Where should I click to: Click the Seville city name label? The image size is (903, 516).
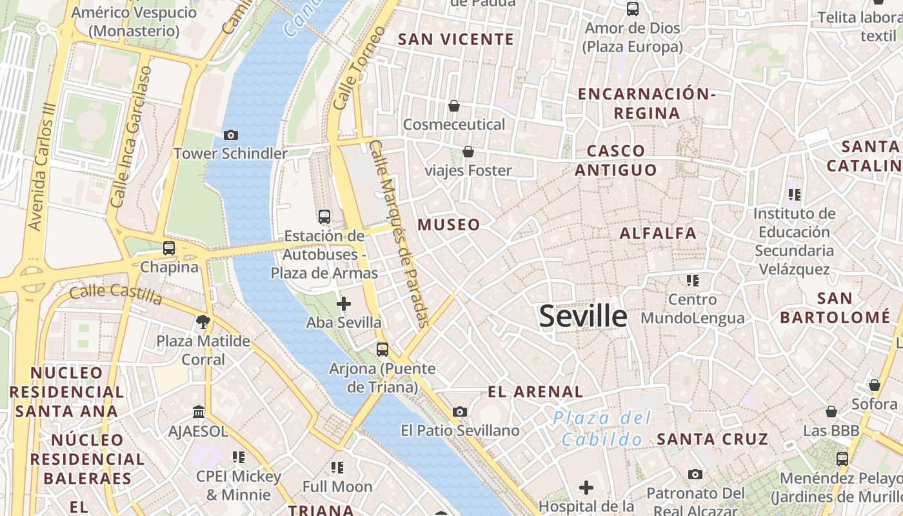click(x=582, y=316)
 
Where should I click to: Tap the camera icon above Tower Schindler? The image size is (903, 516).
click(x=230, y=135)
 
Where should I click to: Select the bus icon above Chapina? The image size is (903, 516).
click(x=169, y=248)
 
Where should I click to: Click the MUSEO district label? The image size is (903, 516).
click(x=449, y=225)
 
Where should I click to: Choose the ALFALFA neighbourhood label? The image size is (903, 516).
click(x=658, y=233)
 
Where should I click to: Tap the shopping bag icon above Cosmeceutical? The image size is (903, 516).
click(x=454, y=106)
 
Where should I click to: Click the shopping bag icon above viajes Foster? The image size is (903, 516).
click(x=468, y=152)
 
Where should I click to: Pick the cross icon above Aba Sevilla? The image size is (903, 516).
click(x=344, y=303)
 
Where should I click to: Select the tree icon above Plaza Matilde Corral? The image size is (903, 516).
click(x=203, y=321)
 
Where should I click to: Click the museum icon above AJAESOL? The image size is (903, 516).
click(x=199, y=412)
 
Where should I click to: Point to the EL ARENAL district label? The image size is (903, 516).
click(x=535, y=392)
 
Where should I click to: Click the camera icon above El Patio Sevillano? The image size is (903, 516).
click(x=460, y=412)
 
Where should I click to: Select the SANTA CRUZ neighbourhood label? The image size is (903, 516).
click(x=712, y=440)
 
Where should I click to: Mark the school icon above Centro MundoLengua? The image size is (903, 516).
click(x=693, y=281)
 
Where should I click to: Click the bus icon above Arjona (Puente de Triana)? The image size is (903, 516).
click(x=382, y=350)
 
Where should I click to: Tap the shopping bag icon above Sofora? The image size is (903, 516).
click(x=874, y=385)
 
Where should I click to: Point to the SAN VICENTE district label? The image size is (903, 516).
click(x=456, y=39)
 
